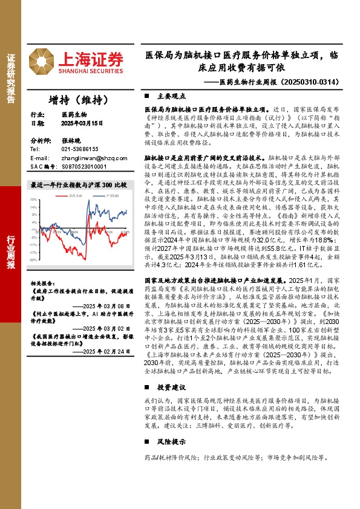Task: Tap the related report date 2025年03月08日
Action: (107, 306)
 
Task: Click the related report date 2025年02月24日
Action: (107, 351)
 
